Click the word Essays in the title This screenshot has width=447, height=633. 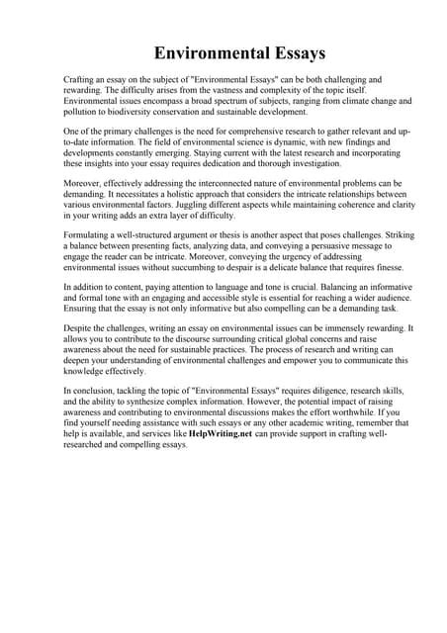(293, 50)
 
